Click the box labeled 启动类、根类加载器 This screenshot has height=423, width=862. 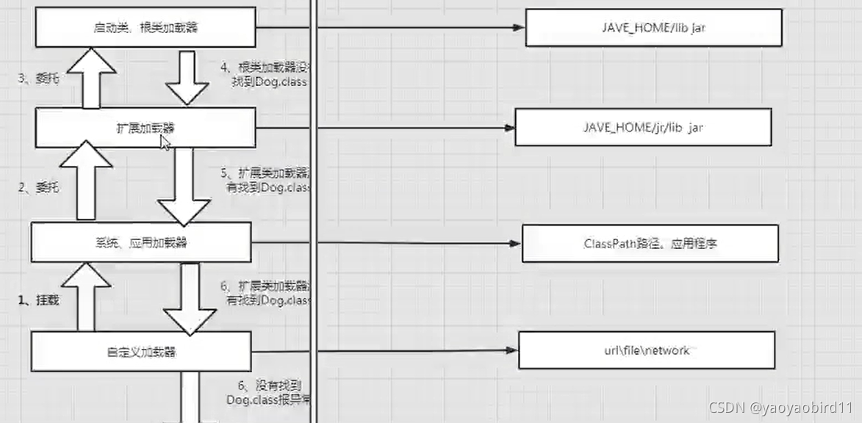click(x=146, y=27)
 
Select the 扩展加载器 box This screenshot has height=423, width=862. click(x=146, y=128)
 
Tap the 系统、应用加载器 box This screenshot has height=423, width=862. click(x=141, y=242)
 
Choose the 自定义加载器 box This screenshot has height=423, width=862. click(x=141, y=351)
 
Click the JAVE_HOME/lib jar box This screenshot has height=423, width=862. click(x=653, y=28)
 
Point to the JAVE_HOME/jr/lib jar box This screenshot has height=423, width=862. click(x=642, y=127)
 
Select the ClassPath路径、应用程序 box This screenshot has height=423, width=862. click(x=650, y=243)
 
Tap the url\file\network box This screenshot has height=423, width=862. click(x=647, y=350)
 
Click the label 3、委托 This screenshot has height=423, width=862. click(x=38, y=78)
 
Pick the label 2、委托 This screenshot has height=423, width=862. click(x=38, y=187)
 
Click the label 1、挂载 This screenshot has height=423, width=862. click(x=38, y=300)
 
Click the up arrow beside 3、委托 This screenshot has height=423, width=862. click(x=89, y=78)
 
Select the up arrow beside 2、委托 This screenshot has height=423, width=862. click(x=87, y=180)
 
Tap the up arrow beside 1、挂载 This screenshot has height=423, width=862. click(x=87, y=296)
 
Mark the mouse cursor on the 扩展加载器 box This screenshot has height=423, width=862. click(x=165, y=142)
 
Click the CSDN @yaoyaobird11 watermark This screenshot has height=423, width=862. click(x=781, y=407)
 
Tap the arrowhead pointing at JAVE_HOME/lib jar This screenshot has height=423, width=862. click(x=518, y=28)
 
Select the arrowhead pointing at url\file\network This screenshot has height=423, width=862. click(x=512, y=350)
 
